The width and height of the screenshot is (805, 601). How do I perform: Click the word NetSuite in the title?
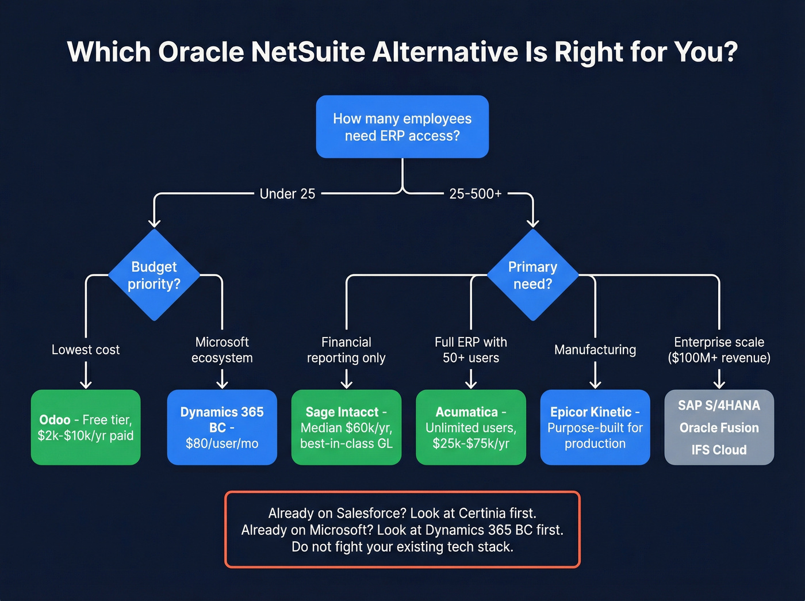click(308, 52)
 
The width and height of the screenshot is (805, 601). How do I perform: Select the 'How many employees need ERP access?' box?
click(402, 127)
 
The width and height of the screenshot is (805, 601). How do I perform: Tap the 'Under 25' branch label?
click(287, 194)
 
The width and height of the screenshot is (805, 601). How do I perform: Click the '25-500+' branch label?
click(475, 194)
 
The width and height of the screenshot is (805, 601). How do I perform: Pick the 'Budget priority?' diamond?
click(154, 275)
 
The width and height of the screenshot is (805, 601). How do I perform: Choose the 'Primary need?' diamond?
click(532, 275)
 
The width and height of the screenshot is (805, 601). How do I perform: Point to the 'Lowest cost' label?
click(86, 350)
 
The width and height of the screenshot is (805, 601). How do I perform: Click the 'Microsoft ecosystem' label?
click(222, 350)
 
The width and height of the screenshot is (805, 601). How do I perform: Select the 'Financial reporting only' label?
click(346, 350)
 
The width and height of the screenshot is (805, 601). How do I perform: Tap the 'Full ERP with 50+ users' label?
click(471, 350)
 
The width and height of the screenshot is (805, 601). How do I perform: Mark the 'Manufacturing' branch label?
click(595, 350)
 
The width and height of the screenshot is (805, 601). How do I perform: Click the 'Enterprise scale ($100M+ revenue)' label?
click(719, 350)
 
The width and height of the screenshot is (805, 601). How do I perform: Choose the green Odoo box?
click(86, 427)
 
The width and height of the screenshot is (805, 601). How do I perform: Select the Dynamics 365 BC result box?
click(222, 427)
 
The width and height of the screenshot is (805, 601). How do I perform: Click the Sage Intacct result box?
click(346, 427)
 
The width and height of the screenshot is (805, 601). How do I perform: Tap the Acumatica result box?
click(471, 427)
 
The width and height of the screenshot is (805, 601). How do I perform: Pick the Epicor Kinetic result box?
click(595, 427)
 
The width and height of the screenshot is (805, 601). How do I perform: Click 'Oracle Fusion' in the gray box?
click(719, 428)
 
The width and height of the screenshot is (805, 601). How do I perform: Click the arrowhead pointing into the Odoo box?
click(86, 384)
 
